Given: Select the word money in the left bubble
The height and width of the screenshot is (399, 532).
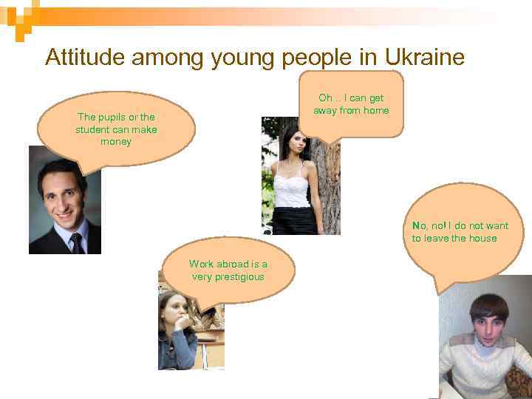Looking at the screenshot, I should pos(116,142).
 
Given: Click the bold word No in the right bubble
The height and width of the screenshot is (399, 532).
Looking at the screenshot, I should pos(419,225).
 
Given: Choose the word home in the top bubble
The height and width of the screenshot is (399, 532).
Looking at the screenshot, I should pos(375,111).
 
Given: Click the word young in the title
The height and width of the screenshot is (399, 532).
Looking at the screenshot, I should pos(242,57).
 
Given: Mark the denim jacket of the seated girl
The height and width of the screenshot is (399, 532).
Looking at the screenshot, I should pos(177,351).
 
